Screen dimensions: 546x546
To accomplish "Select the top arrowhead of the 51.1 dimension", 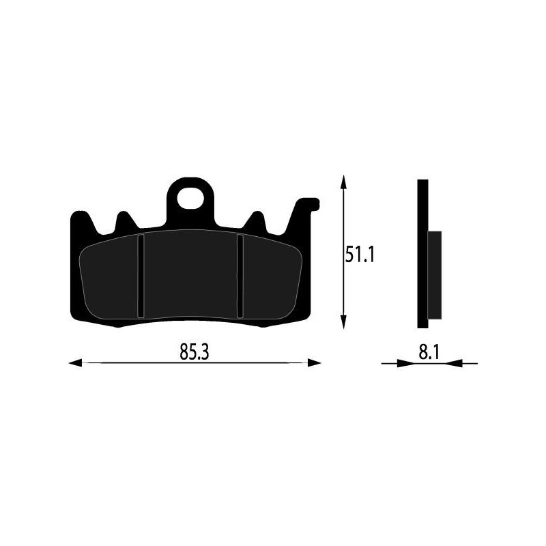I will click(343, 182).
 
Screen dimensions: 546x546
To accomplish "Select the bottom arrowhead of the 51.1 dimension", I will click(343, 324).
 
